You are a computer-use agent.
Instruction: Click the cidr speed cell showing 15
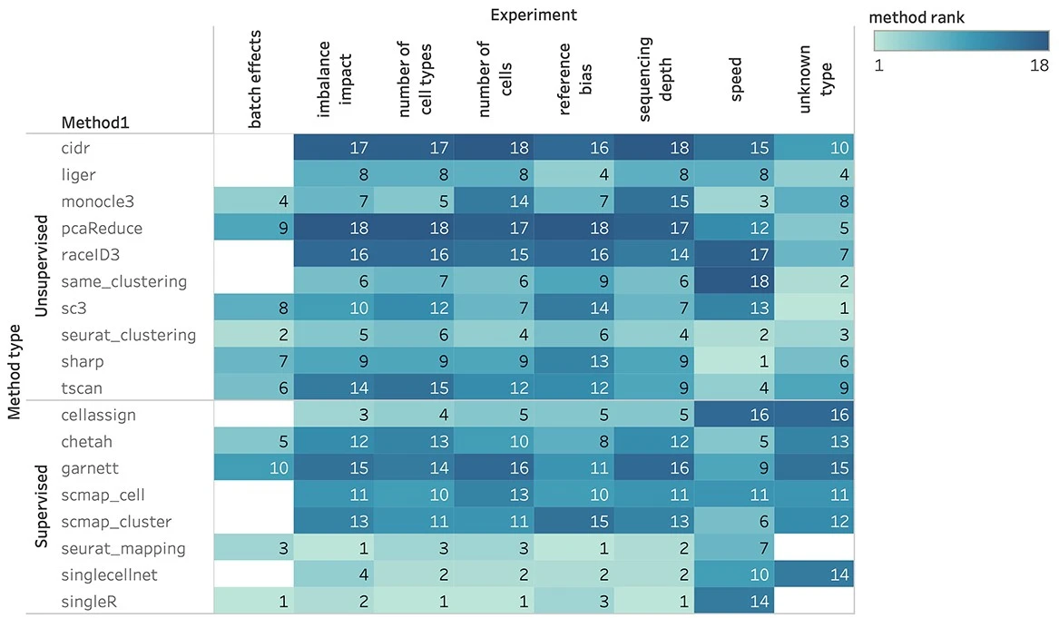733,147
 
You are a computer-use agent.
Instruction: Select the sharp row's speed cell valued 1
733,361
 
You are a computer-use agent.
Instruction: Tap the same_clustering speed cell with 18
733,281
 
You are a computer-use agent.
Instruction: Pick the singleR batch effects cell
253,601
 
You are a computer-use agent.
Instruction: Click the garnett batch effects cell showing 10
253,468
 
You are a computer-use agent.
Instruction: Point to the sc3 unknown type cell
814,308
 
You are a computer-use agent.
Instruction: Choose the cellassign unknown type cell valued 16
814,415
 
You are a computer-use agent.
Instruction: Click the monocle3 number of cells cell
494,201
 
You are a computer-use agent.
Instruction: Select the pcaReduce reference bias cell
574,228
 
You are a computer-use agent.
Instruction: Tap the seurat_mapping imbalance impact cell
333,548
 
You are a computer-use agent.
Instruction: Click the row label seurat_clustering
129,335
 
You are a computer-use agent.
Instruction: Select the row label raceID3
91,254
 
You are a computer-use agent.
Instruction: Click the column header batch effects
255,80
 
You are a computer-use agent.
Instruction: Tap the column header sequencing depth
653,78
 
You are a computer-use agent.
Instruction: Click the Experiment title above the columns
534,15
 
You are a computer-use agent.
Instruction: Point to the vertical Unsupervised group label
41,267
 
